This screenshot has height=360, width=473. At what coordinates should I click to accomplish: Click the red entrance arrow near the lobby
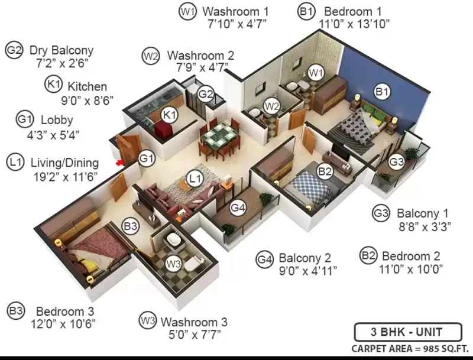[x=120, y=163]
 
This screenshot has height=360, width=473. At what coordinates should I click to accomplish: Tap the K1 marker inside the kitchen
[x=170, y=115]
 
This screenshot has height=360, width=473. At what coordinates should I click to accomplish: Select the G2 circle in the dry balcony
[x=206, y=94]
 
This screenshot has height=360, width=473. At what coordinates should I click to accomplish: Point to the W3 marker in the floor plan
[x=174, y=264]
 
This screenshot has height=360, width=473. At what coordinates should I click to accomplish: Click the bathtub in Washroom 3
[x=174, y=240]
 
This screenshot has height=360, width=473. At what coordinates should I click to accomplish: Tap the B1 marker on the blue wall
[x=381, y=92]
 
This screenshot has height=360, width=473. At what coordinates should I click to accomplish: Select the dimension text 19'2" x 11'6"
[x=66, y=177]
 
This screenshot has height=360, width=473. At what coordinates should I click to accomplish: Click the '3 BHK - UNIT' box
[x=408, y=332]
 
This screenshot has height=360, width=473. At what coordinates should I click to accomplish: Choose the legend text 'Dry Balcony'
[x=61, y=50]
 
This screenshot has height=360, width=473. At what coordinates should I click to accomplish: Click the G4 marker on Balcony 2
[x=238, y=207]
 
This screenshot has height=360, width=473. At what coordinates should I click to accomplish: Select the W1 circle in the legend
[x=187, y=12]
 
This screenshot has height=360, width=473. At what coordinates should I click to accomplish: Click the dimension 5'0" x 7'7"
[x=195, y=335]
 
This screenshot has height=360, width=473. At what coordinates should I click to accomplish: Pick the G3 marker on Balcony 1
[x=396, y=162]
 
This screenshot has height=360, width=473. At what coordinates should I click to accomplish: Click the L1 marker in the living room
[x=195, y=179]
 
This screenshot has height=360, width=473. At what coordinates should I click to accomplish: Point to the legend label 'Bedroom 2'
[x=411, y=256]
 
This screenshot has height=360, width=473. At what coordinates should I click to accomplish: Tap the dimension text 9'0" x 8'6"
[x=87, y=100]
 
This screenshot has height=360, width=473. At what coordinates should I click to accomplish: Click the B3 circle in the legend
[x=16, y=310]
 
